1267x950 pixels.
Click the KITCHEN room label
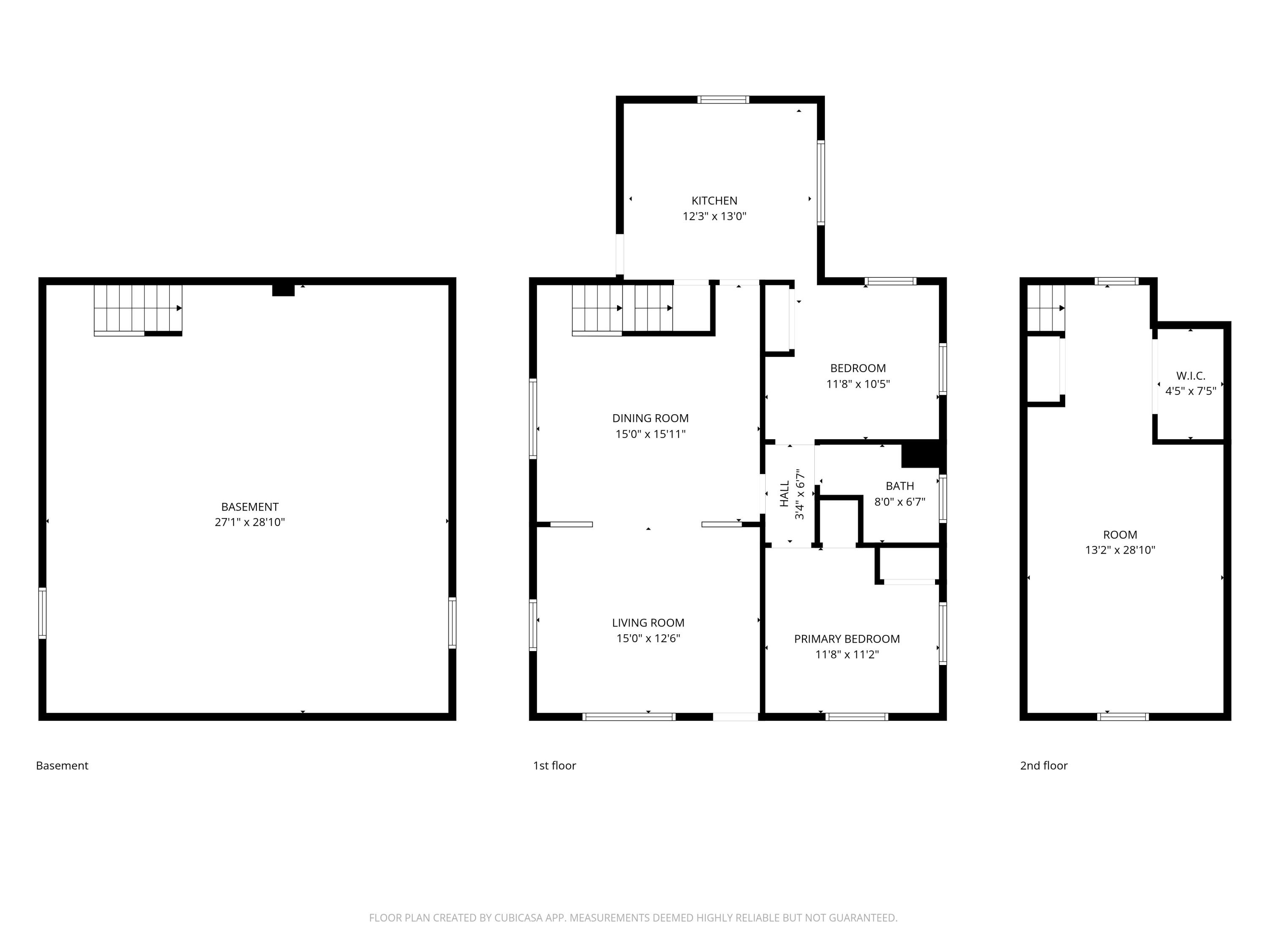click(x=714, y=201)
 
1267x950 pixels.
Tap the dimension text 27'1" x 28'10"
click(x=250, y=522)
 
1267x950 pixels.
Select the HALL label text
click(x=785, y=494)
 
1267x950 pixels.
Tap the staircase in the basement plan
click(x=137, y=309)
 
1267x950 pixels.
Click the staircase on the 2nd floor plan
click(x=1045, y=308)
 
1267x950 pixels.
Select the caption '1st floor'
click(x=554, y=765)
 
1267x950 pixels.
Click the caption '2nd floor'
click(x=1044, y=765)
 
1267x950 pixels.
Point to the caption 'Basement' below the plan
click(x=62, y=765)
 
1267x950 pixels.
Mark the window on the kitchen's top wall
click(x=723, y=100)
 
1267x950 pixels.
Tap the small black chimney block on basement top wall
click(x=283, y=290)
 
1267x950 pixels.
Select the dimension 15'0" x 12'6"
click(x=648, y=638)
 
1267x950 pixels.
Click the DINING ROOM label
click(x=650, y=418)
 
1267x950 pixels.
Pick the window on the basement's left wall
click(x=42, y=613)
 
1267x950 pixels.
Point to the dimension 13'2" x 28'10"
click(x=1120, y=550)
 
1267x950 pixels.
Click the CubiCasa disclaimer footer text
click(x=633, y=918)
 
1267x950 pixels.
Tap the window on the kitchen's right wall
click(x=821, y=182)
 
